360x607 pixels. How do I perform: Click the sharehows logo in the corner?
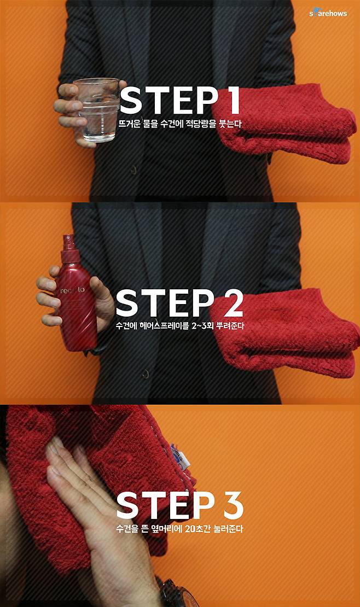328,13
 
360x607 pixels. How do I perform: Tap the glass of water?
97,110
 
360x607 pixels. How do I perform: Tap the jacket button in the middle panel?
146,374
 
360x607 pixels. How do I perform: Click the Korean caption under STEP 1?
180,124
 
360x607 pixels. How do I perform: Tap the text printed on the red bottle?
75,290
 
